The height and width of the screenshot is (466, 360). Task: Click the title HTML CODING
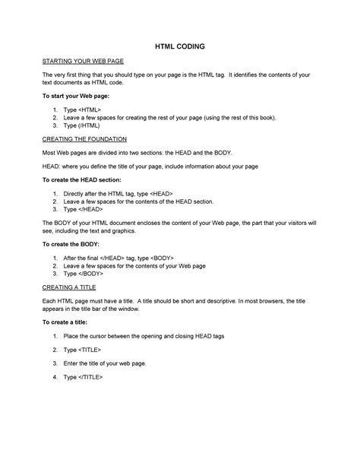pos(180,46)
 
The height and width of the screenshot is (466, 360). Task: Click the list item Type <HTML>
pos(82,111)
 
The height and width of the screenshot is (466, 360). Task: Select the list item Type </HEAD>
pos(84,209)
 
